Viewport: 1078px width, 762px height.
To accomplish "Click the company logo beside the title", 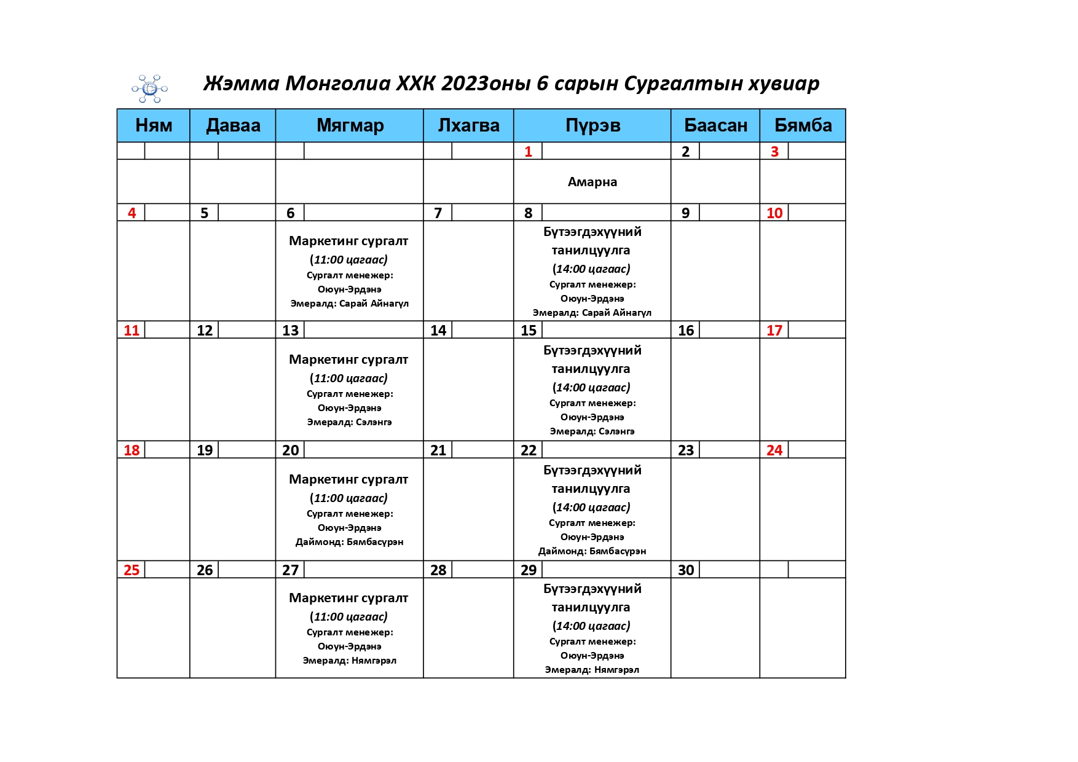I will coord(149,88).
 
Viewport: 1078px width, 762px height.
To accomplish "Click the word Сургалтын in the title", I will coord(683,84).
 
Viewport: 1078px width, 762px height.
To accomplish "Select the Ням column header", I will coord(154,125).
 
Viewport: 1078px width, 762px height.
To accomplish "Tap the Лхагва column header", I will coord(468,125).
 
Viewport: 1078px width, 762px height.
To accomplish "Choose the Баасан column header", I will coord(715,125).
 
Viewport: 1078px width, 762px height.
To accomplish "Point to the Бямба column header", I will coord(803,125).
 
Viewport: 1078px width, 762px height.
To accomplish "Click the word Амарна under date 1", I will coord(592,182).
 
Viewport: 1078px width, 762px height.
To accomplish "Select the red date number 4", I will coord(132,213).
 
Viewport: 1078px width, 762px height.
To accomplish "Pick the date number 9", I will coord(685,213).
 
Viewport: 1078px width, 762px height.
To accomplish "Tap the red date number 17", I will coord(774,331).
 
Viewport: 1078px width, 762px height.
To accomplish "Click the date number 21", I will coord(438,450).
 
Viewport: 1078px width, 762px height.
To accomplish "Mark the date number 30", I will coord(685,570).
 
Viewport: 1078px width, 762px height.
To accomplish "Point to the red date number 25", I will coord(132,570).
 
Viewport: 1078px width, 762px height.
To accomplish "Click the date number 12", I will coord(204,331).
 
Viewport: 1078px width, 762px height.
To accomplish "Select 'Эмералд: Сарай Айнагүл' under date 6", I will coord(349,304).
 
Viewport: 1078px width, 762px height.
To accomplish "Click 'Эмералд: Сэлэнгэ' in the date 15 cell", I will coord(592,431).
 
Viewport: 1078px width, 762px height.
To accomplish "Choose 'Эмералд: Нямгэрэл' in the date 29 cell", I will coord(592,670).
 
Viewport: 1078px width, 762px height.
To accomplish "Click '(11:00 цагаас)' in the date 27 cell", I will coord(348,617).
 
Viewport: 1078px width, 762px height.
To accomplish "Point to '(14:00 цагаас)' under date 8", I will coord(591,269).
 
